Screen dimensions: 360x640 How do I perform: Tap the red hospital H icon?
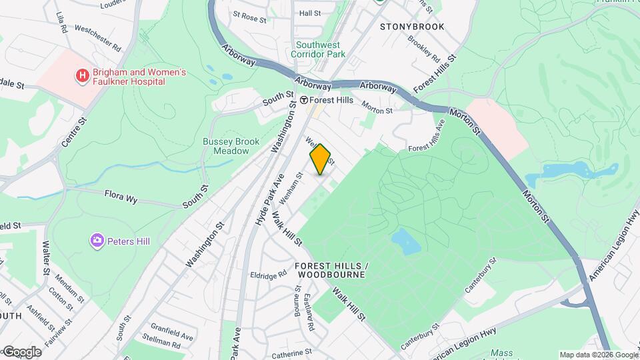(82, 76)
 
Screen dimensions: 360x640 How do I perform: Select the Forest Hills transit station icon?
(303, 100)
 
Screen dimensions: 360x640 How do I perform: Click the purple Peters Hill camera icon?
(97, 239)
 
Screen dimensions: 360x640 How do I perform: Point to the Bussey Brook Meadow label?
(226, 146)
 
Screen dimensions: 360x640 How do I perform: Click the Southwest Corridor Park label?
(321, 49)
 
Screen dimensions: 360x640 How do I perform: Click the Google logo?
(21, 352)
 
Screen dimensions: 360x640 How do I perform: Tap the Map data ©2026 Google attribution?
(599, 355)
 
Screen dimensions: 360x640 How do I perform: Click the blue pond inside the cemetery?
(406, 241)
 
